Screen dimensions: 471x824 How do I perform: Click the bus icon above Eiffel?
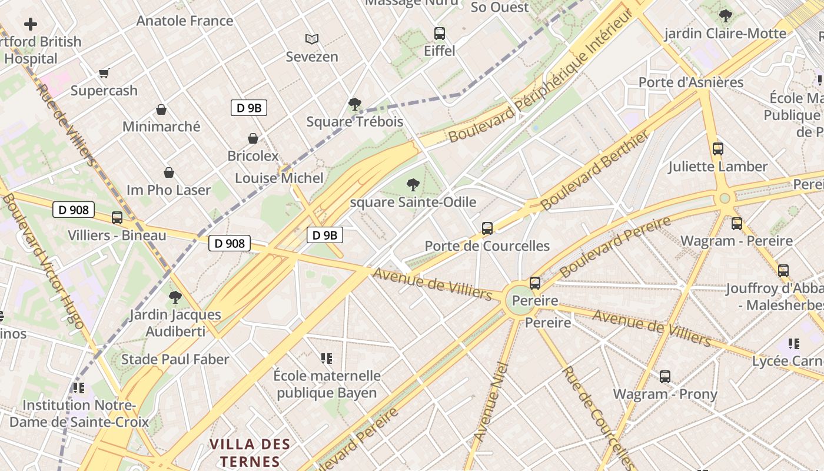(440, 34)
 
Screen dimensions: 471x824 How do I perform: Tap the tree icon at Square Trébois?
(354, 104)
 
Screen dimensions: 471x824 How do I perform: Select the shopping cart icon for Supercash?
(104, 73)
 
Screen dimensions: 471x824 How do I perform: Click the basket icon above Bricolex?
(253, 138)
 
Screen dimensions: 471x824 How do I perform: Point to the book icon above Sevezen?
(312, 39)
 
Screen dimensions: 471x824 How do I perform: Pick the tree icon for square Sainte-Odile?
(413, 185)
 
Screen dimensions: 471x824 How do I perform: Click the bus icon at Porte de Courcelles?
(487, 228)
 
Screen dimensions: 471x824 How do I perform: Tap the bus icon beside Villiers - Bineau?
(117, 218)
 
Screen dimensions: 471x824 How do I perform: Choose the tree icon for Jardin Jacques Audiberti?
(175, 297)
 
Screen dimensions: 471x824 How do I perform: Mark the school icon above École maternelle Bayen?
(327, 358)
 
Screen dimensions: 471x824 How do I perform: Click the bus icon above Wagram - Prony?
(665, 376)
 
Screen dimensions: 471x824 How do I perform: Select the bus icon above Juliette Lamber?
(718, 149)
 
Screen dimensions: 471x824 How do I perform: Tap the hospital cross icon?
(31, 24)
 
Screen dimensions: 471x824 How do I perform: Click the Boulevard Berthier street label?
(595, 170)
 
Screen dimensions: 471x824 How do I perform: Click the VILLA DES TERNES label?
(250, 452)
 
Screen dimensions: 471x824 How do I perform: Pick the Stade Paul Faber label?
(175, 359)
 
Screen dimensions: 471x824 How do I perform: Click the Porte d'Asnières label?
(691, 82)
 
